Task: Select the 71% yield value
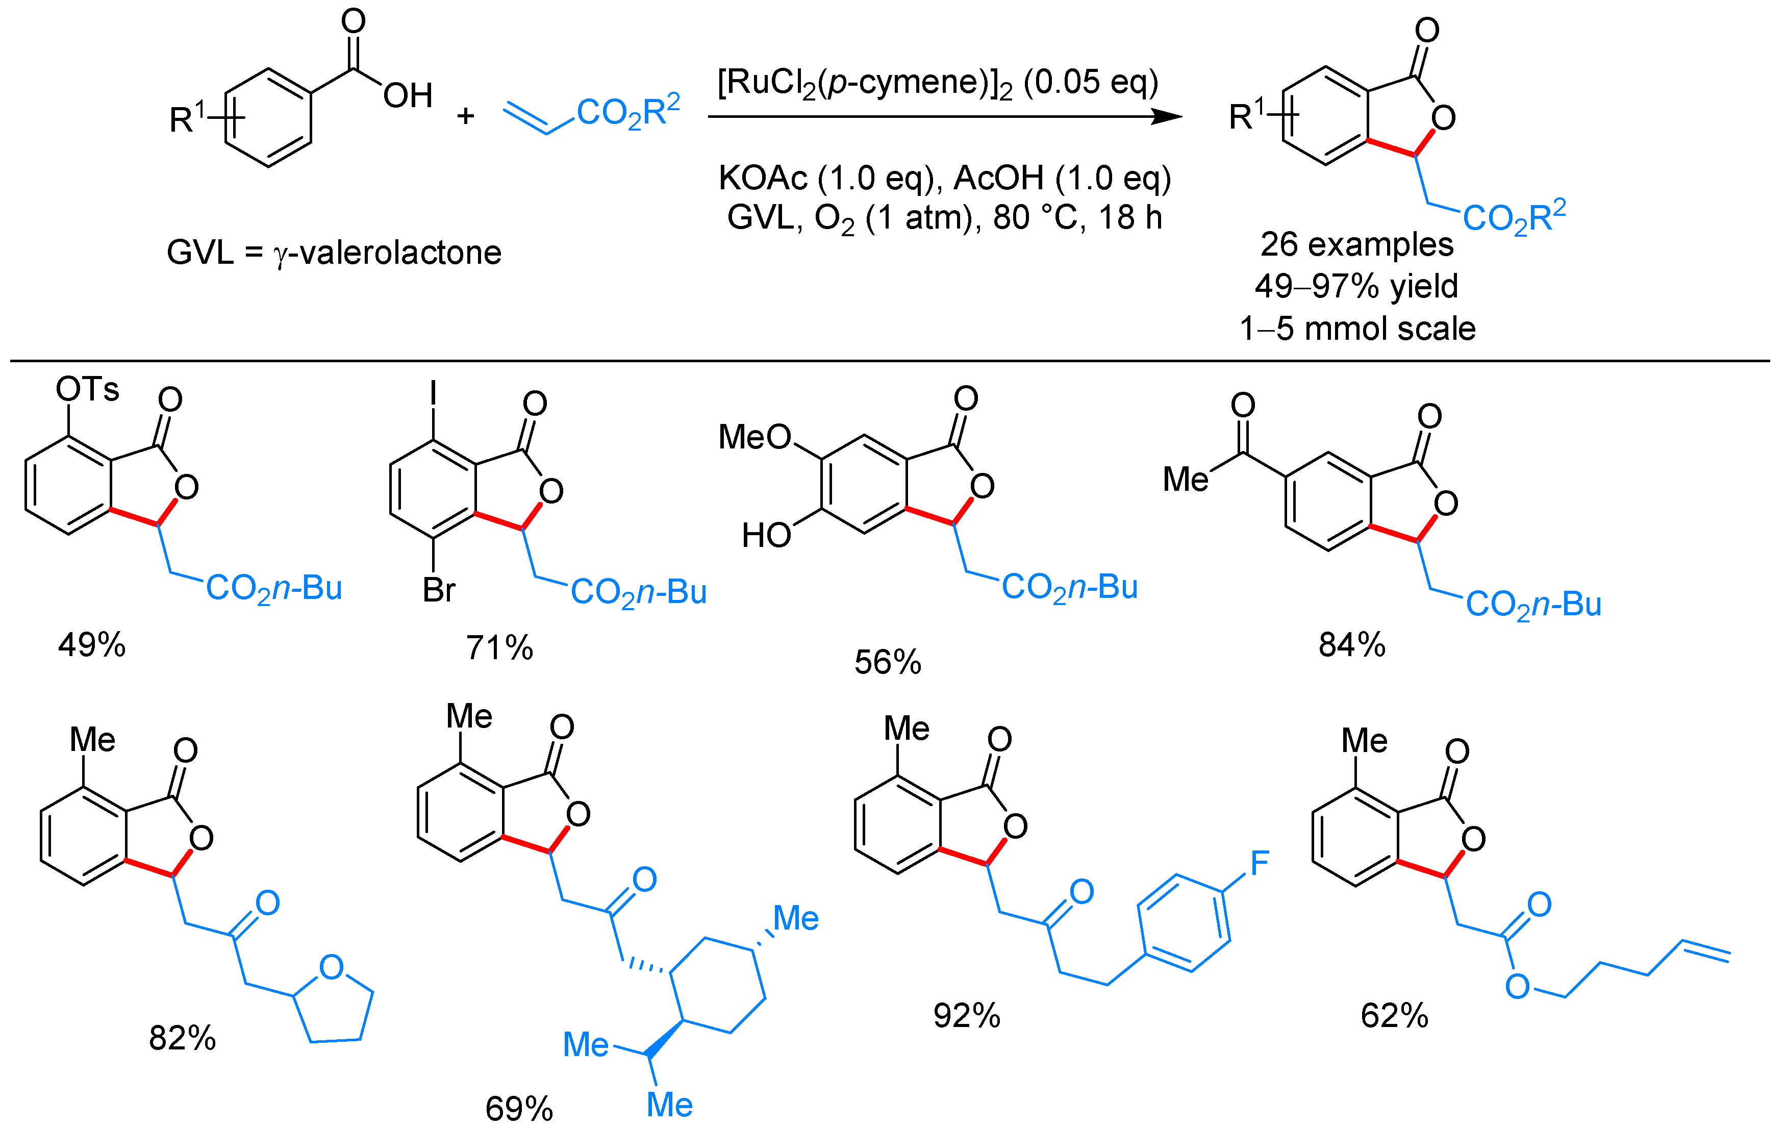coord(499,647)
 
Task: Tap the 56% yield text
coord(887,662)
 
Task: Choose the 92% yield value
coord(966,1015)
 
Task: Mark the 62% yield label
coord(1394,1015)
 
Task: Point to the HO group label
coord(766,535)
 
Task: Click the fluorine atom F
coord(1260,863)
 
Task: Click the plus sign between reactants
coord(465,116)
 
